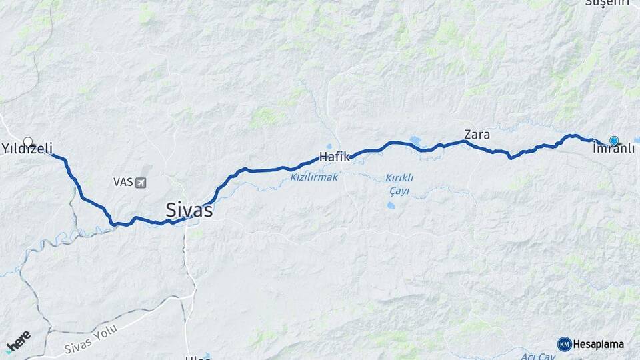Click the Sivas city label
(x=189, y=211)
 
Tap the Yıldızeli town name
(x=27, y=149)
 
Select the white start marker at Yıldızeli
(x=28, y=142)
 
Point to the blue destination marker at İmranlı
(x=613, y=141)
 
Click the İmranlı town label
(x=613, y=149)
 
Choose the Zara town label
(x=477, y=135)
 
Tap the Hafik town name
(x=335, y=157)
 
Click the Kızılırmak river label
(x=315, y=177)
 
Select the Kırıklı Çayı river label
(x=400, y=184)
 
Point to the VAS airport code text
(x=123, y=182)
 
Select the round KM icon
(x=565, y=344)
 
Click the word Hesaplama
(x=599, y=344)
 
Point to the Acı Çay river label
(x=537, y=357)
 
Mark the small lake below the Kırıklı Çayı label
(x=391, y=205)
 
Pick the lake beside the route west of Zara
(x=416, y=140)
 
